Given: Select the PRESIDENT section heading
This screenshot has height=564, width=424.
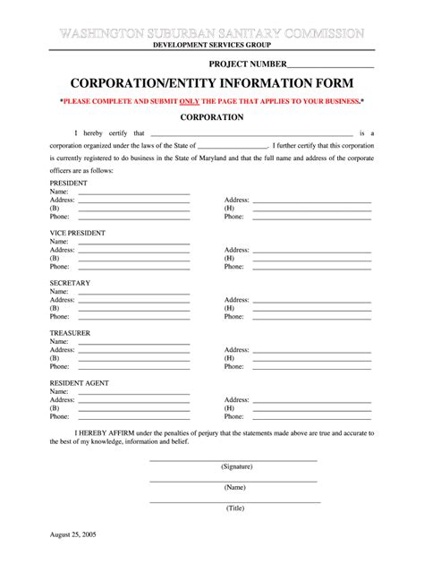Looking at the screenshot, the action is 69,182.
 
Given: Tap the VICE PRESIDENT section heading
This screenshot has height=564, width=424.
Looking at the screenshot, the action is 78,233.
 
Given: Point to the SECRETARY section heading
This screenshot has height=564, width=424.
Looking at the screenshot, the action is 70,283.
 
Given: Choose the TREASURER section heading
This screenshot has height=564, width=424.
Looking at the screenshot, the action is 70,333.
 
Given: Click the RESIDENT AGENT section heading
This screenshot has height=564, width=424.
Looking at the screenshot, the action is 80,383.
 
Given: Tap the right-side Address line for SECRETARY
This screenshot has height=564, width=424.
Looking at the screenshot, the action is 312,300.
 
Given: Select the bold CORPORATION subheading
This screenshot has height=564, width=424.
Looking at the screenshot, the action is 211,117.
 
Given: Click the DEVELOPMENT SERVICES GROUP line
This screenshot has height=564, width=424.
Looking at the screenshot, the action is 211,44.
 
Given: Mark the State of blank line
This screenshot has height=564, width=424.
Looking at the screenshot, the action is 232,146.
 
